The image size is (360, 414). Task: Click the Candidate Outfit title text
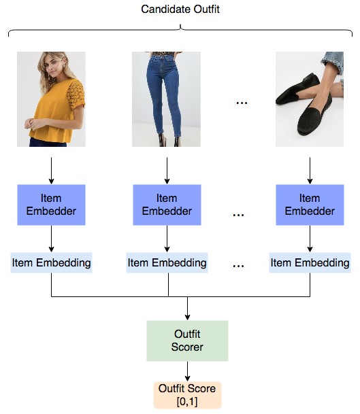[180, 10]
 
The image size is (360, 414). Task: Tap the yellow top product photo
[51, 99]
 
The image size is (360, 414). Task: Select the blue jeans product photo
[166, 99]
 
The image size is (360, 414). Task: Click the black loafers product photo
[310, 99]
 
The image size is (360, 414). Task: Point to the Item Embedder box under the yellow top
[51, 205]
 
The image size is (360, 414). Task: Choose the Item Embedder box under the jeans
[167, 205]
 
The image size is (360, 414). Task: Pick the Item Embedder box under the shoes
[310, 205]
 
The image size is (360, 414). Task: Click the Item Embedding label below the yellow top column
[51, 262]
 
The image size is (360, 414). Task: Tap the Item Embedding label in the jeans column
[167, 262]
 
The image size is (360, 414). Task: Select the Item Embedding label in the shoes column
[310, 262]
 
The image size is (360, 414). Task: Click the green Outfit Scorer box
[187, 341]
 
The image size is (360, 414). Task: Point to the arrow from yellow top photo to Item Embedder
[51, 171]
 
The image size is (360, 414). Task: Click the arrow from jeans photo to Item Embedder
[167, 171]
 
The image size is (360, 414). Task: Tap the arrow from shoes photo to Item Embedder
[310, 171]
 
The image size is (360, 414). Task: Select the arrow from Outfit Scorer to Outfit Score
[187, 371]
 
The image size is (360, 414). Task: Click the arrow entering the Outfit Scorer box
[187, 309]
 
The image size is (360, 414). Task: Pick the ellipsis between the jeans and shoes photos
[242, 103]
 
